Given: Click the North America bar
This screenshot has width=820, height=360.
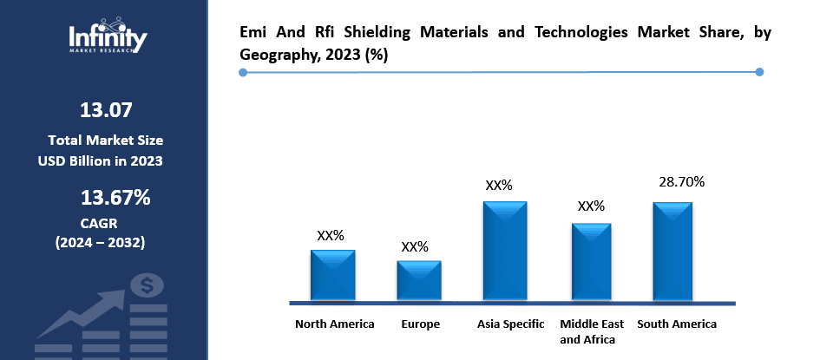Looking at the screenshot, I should click(x=333, y=275).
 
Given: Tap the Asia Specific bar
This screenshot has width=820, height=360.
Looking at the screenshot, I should click(x=505, y=251).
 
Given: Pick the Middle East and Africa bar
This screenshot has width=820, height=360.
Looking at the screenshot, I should click(x=591, y=262).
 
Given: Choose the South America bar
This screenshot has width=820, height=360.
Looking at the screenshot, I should click(x=672, y=252).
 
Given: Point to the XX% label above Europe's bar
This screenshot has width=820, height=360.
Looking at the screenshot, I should click(x=415, y=246).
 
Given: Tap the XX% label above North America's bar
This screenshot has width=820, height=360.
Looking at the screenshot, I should click(x=331, y=235).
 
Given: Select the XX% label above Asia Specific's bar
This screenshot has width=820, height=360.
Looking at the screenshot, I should click(x=499, y=186).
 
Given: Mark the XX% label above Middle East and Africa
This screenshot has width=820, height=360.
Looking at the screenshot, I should click(x=591, y=206).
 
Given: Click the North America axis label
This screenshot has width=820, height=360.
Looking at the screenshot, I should click(x=335, y=324).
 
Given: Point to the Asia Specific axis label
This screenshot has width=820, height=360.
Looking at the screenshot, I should click(x=511, y=324).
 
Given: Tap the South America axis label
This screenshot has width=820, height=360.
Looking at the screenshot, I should click(x=677, y=324).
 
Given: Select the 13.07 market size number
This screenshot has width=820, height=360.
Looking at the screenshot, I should click(x=106, y=110).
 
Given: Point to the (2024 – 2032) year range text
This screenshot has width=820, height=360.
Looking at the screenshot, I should click(x=101, y=242).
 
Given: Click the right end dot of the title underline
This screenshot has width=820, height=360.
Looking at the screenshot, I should click(x=759, y=72).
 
